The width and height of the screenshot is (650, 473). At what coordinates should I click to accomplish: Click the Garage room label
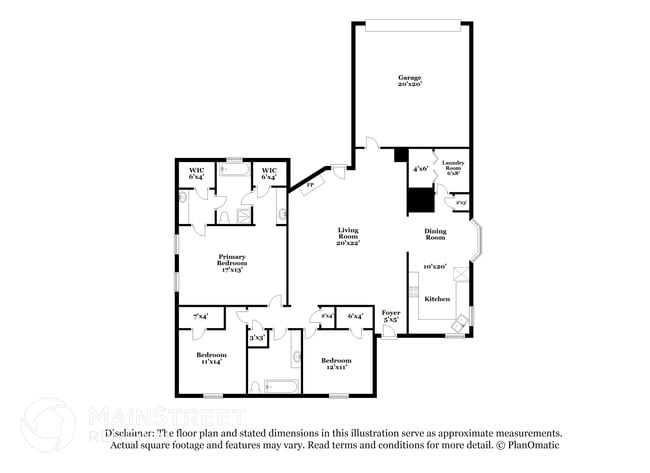(410, 81)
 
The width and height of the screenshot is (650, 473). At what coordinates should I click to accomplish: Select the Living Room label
(347, 236)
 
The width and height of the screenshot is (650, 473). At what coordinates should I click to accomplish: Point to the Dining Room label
(435, 234)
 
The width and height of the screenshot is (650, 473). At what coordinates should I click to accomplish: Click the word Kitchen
(437, 299)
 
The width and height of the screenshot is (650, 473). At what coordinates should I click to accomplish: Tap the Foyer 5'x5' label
(391, 316)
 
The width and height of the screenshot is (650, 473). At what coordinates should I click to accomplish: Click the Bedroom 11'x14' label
(210, 358)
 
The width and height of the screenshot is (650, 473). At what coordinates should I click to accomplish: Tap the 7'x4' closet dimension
(200, 317)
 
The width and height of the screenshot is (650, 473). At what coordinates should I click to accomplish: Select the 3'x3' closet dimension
(258, 337)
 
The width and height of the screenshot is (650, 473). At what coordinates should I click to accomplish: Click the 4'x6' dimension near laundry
(420, 169)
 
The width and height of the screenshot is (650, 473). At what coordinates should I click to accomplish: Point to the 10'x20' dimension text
(435, 267)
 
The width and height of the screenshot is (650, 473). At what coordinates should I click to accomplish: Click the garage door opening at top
(410, 24)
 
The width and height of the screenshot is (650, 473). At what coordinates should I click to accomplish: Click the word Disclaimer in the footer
(129, 433)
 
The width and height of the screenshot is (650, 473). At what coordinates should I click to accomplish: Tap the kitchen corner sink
(460, 321)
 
